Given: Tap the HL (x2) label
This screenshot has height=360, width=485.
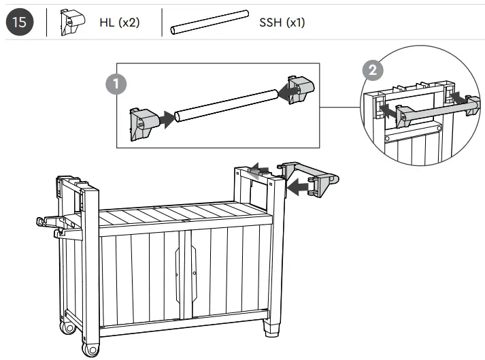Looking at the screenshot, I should [x=120, y=22].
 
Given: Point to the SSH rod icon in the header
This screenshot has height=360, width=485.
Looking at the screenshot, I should [x=210, y=22].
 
